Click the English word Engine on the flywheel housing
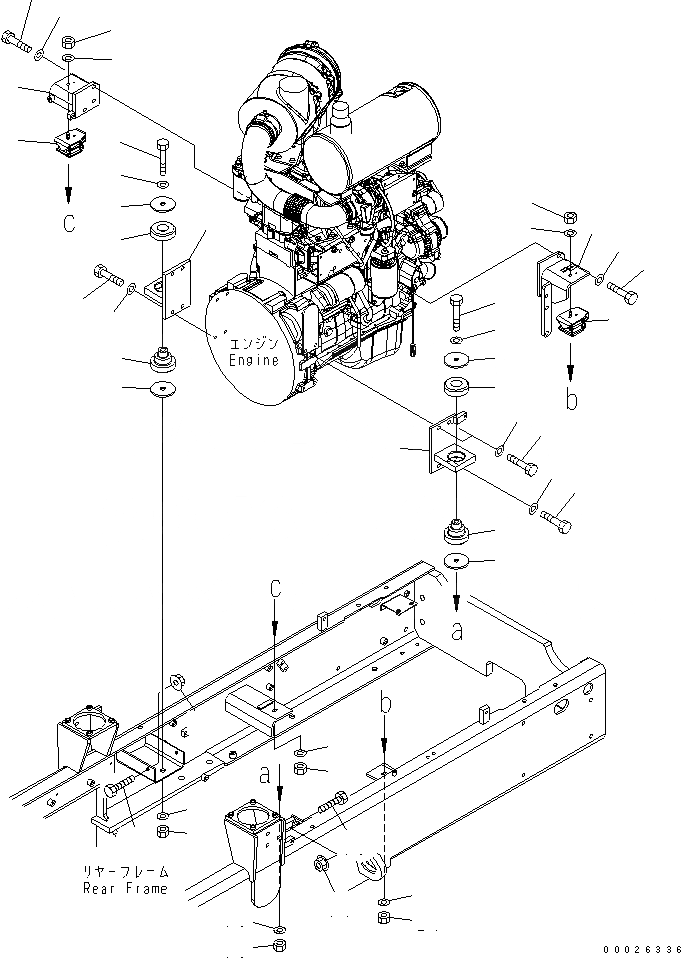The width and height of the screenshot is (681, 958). click(x=253, y=360)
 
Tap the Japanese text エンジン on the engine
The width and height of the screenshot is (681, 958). click(x=253, y=343)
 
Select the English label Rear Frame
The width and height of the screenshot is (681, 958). click(x=126, y=888)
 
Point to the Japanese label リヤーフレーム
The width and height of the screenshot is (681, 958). click(x=126, y=871)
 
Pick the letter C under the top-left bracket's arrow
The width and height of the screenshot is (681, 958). click(x=68, y=222)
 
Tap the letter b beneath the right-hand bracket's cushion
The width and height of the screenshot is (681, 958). click(x=570, y=401)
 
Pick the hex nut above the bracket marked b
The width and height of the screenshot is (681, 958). click(x=568, y=215)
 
